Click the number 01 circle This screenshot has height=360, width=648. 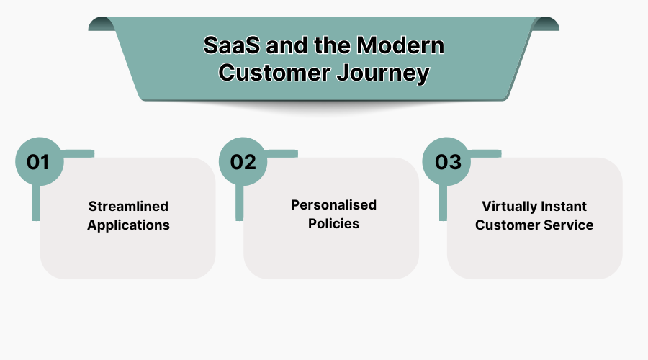tap(39, 161)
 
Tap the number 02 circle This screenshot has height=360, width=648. tap(243, 161)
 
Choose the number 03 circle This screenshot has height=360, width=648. tap(447, 161)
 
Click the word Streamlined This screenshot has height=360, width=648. tap(128, 207)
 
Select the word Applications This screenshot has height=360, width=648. tap(128, 225)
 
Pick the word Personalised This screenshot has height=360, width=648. tap(333, 205)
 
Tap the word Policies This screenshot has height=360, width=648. tap(333, 223)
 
